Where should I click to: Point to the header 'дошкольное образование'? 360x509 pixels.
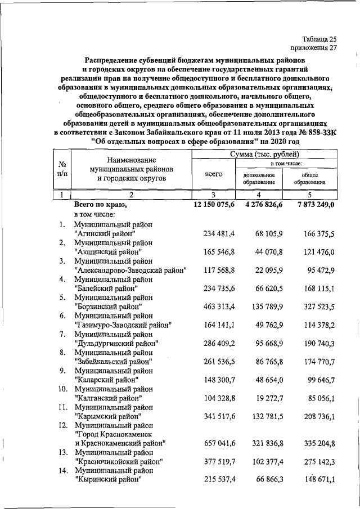click(x=259, y=178)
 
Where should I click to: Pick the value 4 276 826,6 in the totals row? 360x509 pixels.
click(x=259, y=205)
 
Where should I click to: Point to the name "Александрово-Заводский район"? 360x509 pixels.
click(x=130, y=269)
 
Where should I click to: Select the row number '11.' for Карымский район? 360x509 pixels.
click(x=64, y=407)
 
